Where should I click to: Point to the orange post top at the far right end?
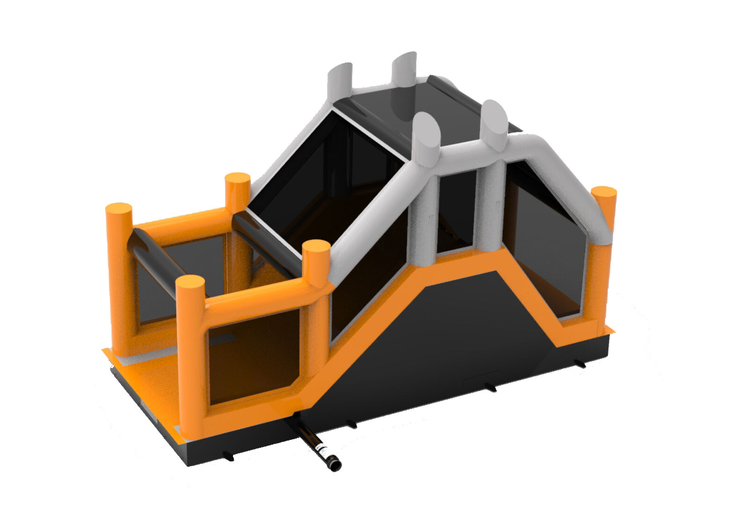[x=604, y=193]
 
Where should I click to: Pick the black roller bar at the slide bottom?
[x=265, y=242]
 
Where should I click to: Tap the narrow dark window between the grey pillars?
[x=456, y=211]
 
